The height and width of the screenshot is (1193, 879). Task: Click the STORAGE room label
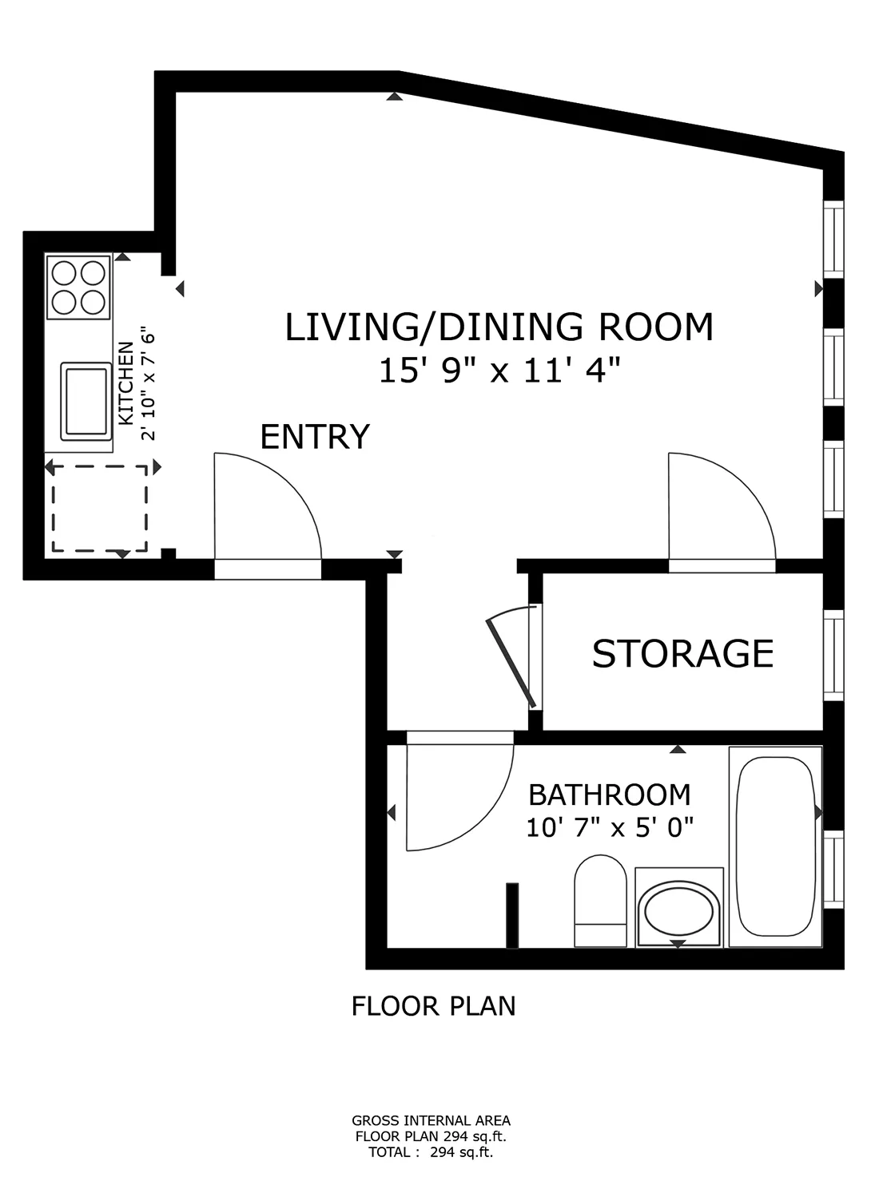point(682,653)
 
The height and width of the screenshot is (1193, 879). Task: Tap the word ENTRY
point(315,437)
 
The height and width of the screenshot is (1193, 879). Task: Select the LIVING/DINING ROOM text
point(499,327)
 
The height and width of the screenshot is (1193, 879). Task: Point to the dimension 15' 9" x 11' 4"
point(499,371)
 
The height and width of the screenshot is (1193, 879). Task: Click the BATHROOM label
point(610,795)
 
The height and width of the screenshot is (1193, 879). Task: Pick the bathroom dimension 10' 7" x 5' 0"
point(610,827)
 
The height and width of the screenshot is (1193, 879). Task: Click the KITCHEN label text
point(126,383)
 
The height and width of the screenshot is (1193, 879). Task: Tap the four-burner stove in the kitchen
point(78,287)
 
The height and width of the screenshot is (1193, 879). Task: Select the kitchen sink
point(86,401)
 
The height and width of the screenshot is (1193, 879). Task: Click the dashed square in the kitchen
point(99,509)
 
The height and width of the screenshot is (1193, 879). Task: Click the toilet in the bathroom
point(600,901)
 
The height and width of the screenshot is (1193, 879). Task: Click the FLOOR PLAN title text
point(433,1006)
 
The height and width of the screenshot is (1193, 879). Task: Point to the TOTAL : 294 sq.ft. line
point(431,1152)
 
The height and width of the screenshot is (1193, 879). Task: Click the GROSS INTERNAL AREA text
point(431,1120)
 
